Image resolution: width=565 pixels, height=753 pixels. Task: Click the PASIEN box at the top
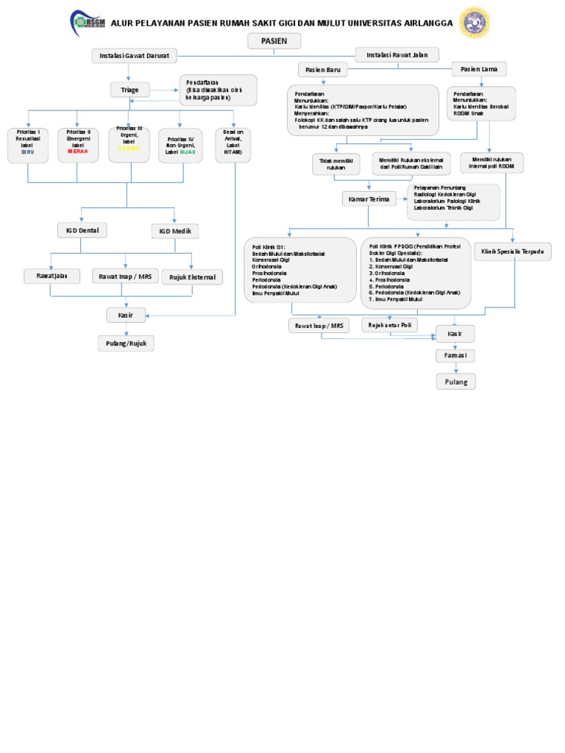(274, 41)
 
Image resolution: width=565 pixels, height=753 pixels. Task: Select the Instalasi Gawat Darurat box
(135, 56)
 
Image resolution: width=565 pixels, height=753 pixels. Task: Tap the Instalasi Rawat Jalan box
(397, 54)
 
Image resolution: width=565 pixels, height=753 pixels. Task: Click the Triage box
(129, 90)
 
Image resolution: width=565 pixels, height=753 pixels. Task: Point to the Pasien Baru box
(323, 70)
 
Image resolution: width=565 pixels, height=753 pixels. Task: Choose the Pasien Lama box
(479, 69)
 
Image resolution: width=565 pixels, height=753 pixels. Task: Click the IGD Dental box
(82, 231)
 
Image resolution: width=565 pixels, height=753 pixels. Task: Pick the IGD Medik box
(175, 232)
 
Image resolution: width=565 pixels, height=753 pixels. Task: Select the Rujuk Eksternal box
(191, 276)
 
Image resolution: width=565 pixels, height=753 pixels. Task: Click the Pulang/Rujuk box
(127, 343)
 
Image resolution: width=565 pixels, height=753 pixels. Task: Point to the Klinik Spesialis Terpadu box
(512, 251)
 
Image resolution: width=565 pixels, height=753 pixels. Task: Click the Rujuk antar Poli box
(390, 324)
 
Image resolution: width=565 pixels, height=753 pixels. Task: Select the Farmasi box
(455, 356)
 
